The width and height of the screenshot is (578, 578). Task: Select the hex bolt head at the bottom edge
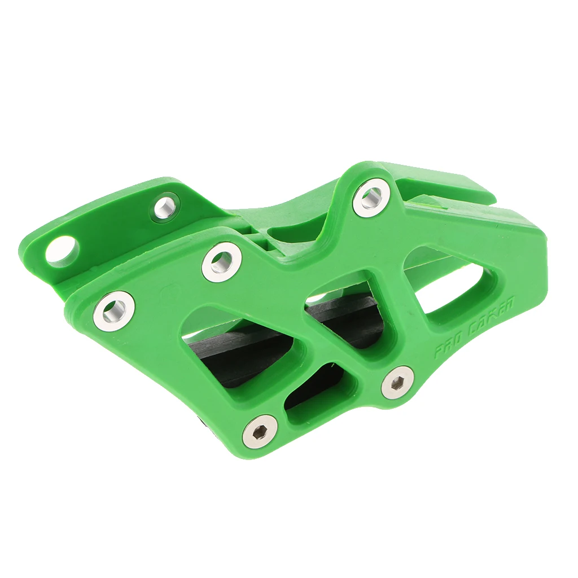[x=260, y=432]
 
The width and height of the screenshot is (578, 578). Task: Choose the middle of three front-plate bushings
[x=222, y=262]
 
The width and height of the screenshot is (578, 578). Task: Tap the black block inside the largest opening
[x=237, y=350]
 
